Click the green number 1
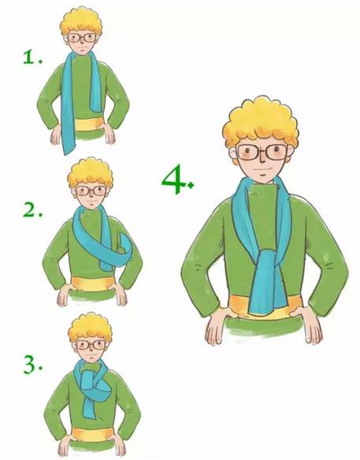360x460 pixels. coord(30,57)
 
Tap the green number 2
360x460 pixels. coord(31,210)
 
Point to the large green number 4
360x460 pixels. coord(174,180)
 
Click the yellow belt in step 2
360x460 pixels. coord(93,284)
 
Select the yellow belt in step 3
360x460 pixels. coord(93,434)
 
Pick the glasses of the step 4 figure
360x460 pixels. coord(262,152)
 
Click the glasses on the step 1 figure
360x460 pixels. coord(82,38)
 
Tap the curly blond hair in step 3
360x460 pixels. coord(91,328)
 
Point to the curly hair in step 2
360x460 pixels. coord(90,173)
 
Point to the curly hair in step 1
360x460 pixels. coord(81,21)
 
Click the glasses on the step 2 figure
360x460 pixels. coord(91,191)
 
